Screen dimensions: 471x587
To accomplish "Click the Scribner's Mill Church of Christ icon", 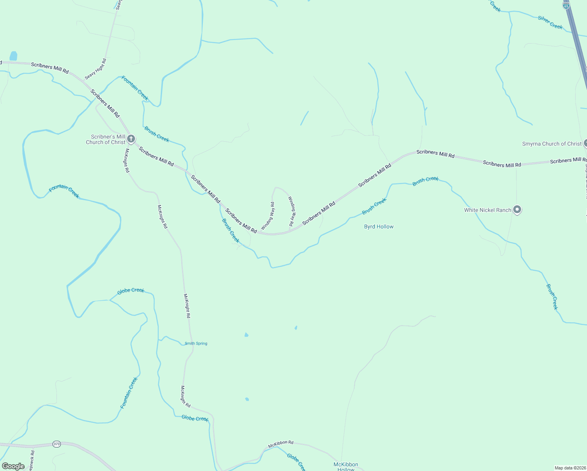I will [131, 139].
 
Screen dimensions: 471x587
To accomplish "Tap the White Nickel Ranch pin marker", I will [517, 210].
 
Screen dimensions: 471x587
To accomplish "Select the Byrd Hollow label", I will [379, 226].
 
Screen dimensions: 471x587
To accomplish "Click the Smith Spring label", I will [196, 343].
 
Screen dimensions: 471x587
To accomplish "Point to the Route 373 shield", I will [57, 444].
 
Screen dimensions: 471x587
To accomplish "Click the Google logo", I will [13, 466].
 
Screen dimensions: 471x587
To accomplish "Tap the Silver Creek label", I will [550, 23].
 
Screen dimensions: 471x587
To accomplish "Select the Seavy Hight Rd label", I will [95, 69].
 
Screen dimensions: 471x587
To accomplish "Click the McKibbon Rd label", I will [281, 444].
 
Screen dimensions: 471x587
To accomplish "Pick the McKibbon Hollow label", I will [346, 467].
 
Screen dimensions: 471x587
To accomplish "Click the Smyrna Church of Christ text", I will [551, 144].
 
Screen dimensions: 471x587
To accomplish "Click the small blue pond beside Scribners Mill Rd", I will [13, 56].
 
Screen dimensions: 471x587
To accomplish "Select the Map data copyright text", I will [570, 468].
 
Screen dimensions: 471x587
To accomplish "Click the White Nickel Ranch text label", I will [487, 210].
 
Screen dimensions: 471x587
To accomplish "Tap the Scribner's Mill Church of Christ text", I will [106, 139].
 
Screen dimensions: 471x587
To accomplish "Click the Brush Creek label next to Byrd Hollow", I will [374, 206].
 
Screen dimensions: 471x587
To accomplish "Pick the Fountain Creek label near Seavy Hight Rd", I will [135, 88].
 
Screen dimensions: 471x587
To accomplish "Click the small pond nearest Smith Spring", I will [246, 335].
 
